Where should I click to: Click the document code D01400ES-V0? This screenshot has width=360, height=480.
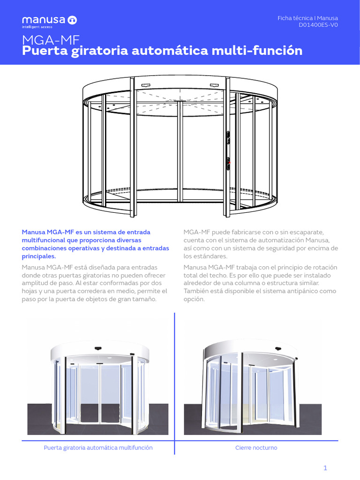click(x=318, y=25)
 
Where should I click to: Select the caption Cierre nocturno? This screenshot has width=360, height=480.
click(x=256, y=448)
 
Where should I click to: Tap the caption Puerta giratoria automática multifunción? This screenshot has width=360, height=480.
click(x=98, y=448)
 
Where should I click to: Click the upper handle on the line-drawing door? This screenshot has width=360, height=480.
click(x=228, y=136)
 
